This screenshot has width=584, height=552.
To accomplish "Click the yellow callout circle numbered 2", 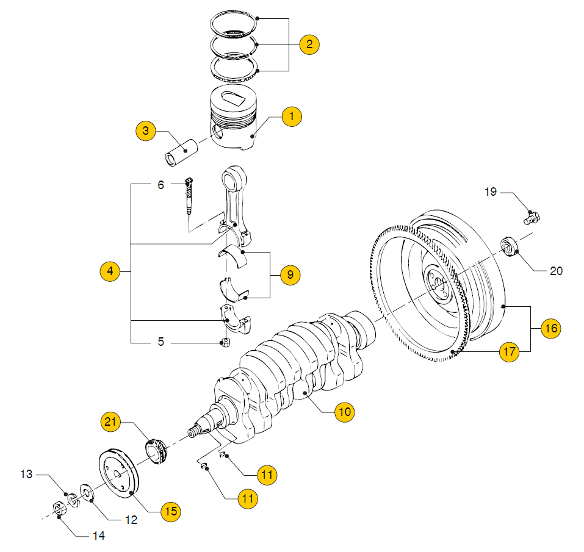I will [x=309, y=44].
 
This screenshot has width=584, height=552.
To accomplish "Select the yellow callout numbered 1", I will [x=292, y=116].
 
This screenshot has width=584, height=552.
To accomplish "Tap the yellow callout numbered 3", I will [x=146, y=131].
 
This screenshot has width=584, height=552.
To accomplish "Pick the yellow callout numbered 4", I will [x=110, y=271].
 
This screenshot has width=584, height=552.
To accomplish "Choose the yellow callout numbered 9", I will [x=290, y=275].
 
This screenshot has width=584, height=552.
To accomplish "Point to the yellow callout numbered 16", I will [x=551, y=328].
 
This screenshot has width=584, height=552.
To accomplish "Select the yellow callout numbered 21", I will [x=112, y=421].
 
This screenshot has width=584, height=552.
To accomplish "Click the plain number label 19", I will [x=491, y=192].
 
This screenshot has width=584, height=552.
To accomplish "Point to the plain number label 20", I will [x=556, y=271].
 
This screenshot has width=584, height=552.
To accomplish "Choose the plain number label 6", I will [x=160, y=184].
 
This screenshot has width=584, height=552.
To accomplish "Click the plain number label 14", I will [x=99, y=536].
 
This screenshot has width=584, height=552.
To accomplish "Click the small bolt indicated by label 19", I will [x=533, y=217].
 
